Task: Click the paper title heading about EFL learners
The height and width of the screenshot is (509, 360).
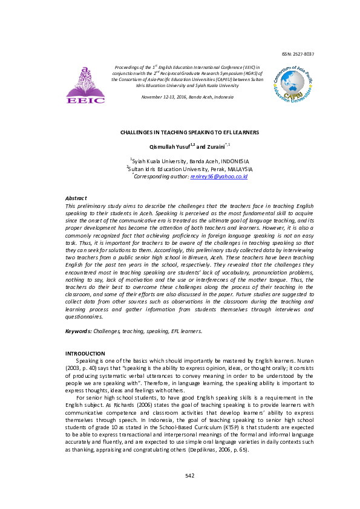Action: (189, 132)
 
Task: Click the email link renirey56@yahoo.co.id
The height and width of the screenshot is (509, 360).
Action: (218, 176)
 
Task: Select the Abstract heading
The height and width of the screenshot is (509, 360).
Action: (76, 198)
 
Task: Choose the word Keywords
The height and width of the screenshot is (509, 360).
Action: (78, 331)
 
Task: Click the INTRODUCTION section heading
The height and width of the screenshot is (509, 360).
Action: (85, 354)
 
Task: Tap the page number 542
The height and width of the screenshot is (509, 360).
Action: (189, 476)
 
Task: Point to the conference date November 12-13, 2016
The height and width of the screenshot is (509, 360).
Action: (187, 97)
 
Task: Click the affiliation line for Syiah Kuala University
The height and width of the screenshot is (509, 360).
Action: (189, 161)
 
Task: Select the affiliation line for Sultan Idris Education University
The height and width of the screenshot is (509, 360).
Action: (189, 169)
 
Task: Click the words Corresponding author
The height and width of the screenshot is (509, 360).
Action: (162, 176)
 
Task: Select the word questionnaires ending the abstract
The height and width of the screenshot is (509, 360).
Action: (83, 316)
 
